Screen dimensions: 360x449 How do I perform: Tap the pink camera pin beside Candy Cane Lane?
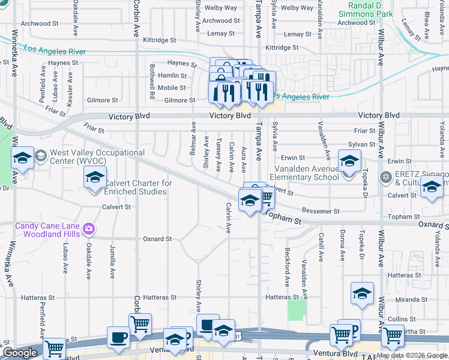tap(89, 228)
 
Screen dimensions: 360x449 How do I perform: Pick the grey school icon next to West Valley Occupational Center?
tap(41, 156)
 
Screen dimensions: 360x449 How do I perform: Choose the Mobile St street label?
tap(172, 88)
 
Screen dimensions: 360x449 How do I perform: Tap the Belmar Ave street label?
tap(193, 139)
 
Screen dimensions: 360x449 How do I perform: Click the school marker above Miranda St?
tap(362, 293)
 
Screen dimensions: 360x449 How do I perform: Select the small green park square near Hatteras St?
tap(296, 310)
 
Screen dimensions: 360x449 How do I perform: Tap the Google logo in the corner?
tap(20, 353)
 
